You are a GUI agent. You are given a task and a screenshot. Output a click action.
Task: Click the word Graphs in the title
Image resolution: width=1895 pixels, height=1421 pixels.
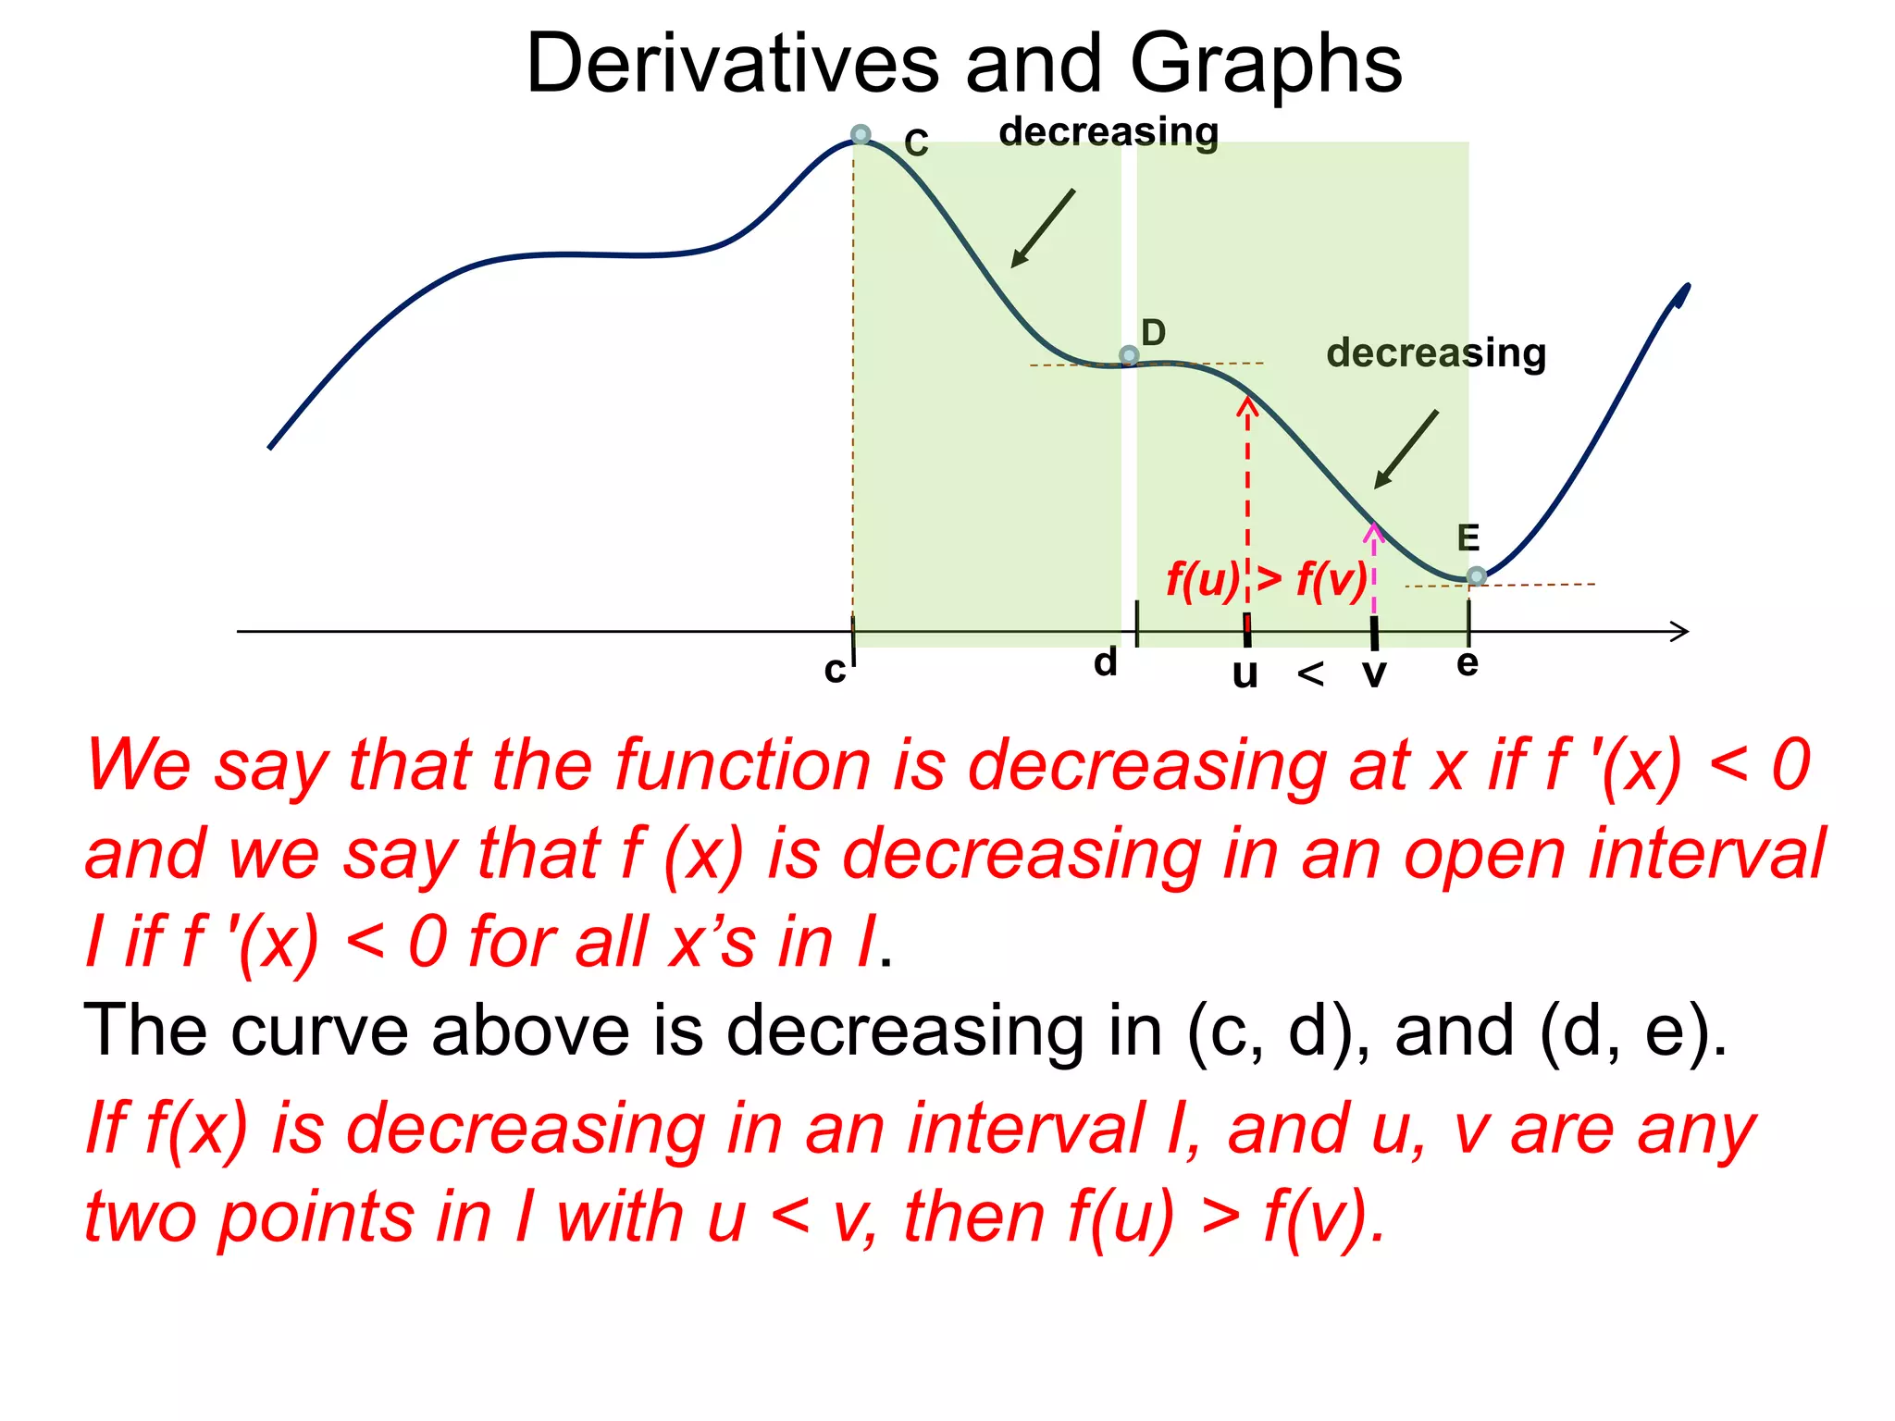pyautogui.click(x=1265, y=65)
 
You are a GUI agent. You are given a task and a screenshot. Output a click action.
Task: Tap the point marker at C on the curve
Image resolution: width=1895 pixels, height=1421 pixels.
pyautogui.click(x=861, y=135)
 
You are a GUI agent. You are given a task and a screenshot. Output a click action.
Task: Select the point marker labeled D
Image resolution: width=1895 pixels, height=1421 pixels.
pyautogui.click(x=1129, y=355)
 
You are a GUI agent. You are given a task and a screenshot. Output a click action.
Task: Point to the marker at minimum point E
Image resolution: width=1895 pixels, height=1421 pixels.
pyautogui.click(x=1477, y=576)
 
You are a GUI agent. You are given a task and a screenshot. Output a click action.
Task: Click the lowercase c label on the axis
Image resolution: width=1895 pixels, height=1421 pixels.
pyautogui.click(x=835, y=670)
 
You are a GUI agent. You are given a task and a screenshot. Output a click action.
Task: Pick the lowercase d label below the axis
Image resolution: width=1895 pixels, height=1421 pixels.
pyautogui.click(x=1106, y=662)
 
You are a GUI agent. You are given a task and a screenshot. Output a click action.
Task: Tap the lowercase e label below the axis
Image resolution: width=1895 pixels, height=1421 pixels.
pyautogui.click(x=1468, y=663)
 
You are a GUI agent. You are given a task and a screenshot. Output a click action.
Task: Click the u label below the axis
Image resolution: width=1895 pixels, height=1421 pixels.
pyautogui.click(x=1245, y=674)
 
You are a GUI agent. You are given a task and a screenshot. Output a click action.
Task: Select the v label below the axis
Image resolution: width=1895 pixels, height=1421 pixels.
pyautogui.click(x=1375, y=674)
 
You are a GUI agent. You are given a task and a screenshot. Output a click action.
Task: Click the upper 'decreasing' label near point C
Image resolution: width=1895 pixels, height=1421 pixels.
pyautogui.click(x=1109, y=132)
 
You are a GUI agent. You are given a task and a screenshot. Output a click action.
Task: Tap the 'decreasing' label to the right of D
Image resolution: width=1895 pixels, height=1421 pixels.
pyautogui.click(x=1436, y=353)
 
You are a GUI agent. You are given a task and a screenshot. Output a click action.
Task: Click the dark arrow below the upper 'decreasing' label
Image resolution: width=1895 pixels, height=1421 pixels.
pyautogui.click(x=1044, y=228)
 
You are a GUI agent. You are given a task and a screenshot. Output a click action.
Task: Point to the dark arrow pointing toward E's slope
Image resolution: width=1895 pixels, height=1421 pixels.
pyautogui.click(x=1406, y=449)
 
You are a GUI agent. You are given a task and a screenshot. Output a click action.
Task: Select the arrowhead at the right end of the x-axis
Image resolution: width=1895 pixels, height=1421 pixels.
pyautogui.click(x=1680, y=632)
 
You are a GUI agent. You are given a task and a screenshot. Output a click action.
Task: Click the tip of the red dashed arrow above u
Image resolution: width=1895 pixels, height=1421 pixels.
pyautogui.click(x=1248, y=402)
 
